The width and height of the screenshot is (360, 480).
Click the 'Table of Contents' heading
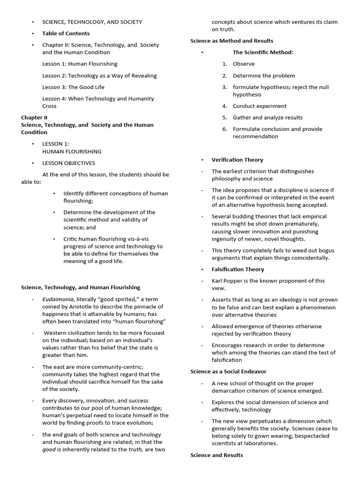[x=66, y=33]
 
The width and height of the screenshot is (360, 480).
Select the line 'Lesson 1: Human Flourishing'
[x=80, y=64]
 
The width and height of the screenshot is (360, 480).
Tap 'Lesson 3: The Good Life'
[x=73, y=87]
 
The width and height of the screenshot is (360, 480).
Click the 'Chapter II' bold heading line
[x=34, y=118]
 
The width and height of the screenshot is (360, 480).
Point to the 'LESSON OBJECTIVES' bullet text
[x=68, y=163]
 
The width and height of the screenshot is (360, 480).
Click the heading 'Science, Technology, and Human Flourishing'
[x=81, y=287]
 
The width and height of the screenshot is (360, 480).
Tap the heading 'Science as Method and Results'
[x=232, y=41]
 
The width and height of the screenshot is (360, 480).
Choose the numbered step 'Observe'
[x=244, y=64]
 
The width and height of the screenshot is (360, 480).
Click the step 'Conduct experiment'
[x=259, y=106]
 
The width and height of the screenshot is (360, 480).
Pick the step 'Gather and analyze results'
[x=268, y=118]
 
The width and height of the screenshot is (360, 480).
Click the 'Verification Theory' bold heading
[x=237, y=160]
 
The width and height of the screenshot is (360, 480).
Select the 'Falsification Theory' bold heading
[x=238, y=270]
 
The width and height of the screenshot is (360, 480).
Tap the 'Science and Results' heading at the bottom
[x=217, y=455]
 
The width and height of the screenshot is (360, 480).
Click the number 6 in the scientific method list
[x=225, y=129]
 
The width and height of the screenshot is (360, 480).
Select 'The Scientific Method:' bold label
[x=263, y=52]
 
